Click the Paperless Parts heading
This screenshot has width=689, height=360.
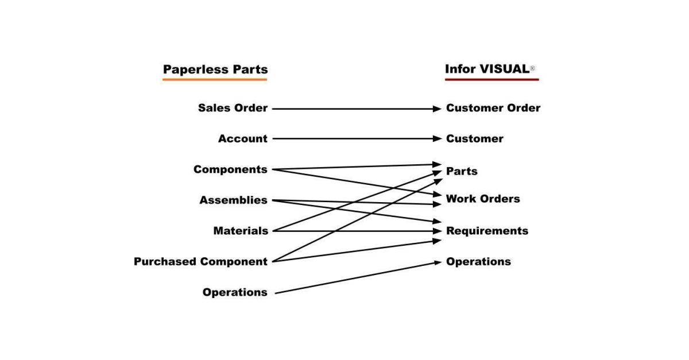click(x=215, y=69)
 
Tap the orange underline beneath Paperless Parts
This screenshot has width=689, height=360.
click(x=215, y=79)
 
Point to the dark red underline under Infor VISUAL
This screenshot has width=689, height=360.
click(x=491, y=79)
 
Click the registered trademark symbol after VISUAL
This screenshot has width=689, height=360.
click(x=532, y=69)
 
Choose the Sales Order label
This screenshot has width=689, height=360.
click(x=233, y=108)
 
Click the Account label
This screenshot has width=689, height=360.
click(x=242, y=138)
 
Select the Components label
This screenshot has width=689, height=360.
click(x=230, y=169)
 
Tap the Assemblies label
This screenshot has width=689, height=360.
click(x=233, y=200)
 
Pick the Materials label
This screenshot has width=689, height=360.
click(x=240, y=231)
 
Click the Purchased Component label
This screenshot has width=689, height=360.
click(x=200, y=261)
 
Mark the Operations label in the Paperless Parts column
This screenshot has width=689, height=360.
click(x=234, y=292)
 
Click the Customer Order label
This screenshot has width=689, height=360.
click(x=493, y=108)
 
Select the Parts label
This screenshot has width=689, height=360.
click(x=462, y=171)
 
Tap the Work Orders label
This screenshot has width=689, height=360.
click(x=483, y=199)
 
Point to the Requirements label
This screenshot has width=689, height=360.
click(x=487, y=231)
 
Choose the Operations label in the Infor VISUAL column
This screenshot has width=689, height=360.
click(x=478, y=261)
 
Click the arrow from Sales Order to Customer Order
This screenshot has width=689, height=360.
click(x=356, y=108)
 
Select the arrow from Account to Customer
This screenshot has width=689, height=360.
click(x=356, y=138)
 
